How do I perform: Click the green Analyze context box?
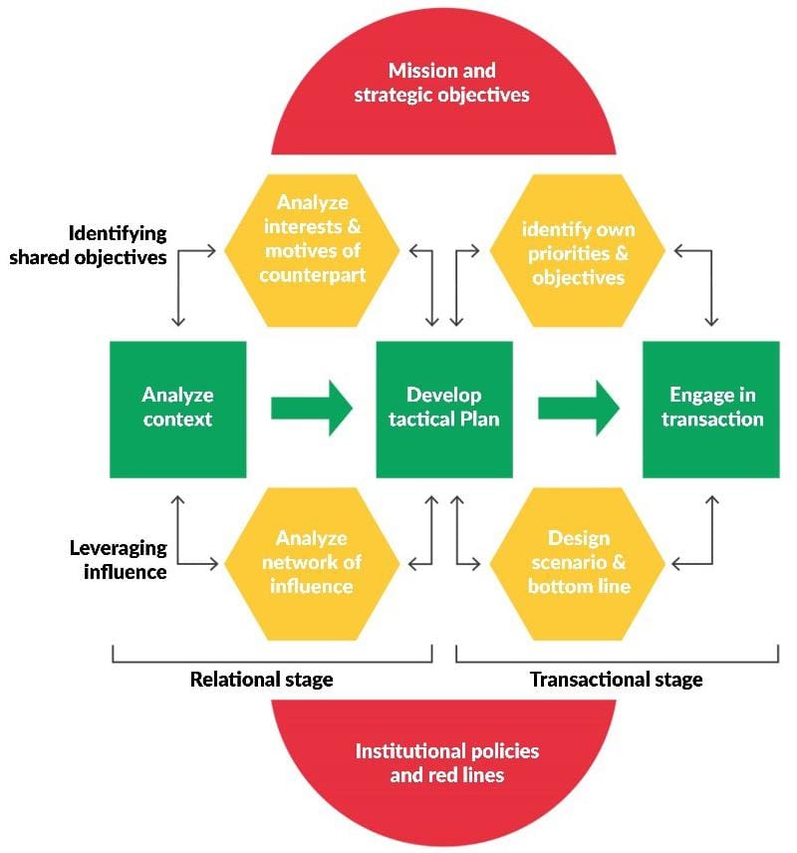pos(177,409)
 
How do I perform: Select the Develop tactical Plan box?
pos(444,409)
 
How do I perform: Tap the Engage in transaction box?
pos(711,409)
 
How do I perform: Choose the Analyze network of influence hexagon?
pos(312,563)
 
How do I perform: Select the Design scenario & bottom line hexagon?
pos(578,563)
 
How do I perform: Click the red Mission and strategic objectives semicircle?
pos(444,90)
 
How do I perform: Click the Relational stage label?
pos(261,680)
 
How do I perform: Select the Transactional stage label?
pos(616,680)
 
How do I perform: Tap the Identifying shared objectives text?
pos(104,243)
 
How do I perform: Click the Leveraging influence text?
pos(118,560)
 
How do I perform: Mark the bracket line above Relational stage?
pos(271,661)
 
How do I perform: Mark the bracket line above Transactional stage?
pos(616,661)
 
